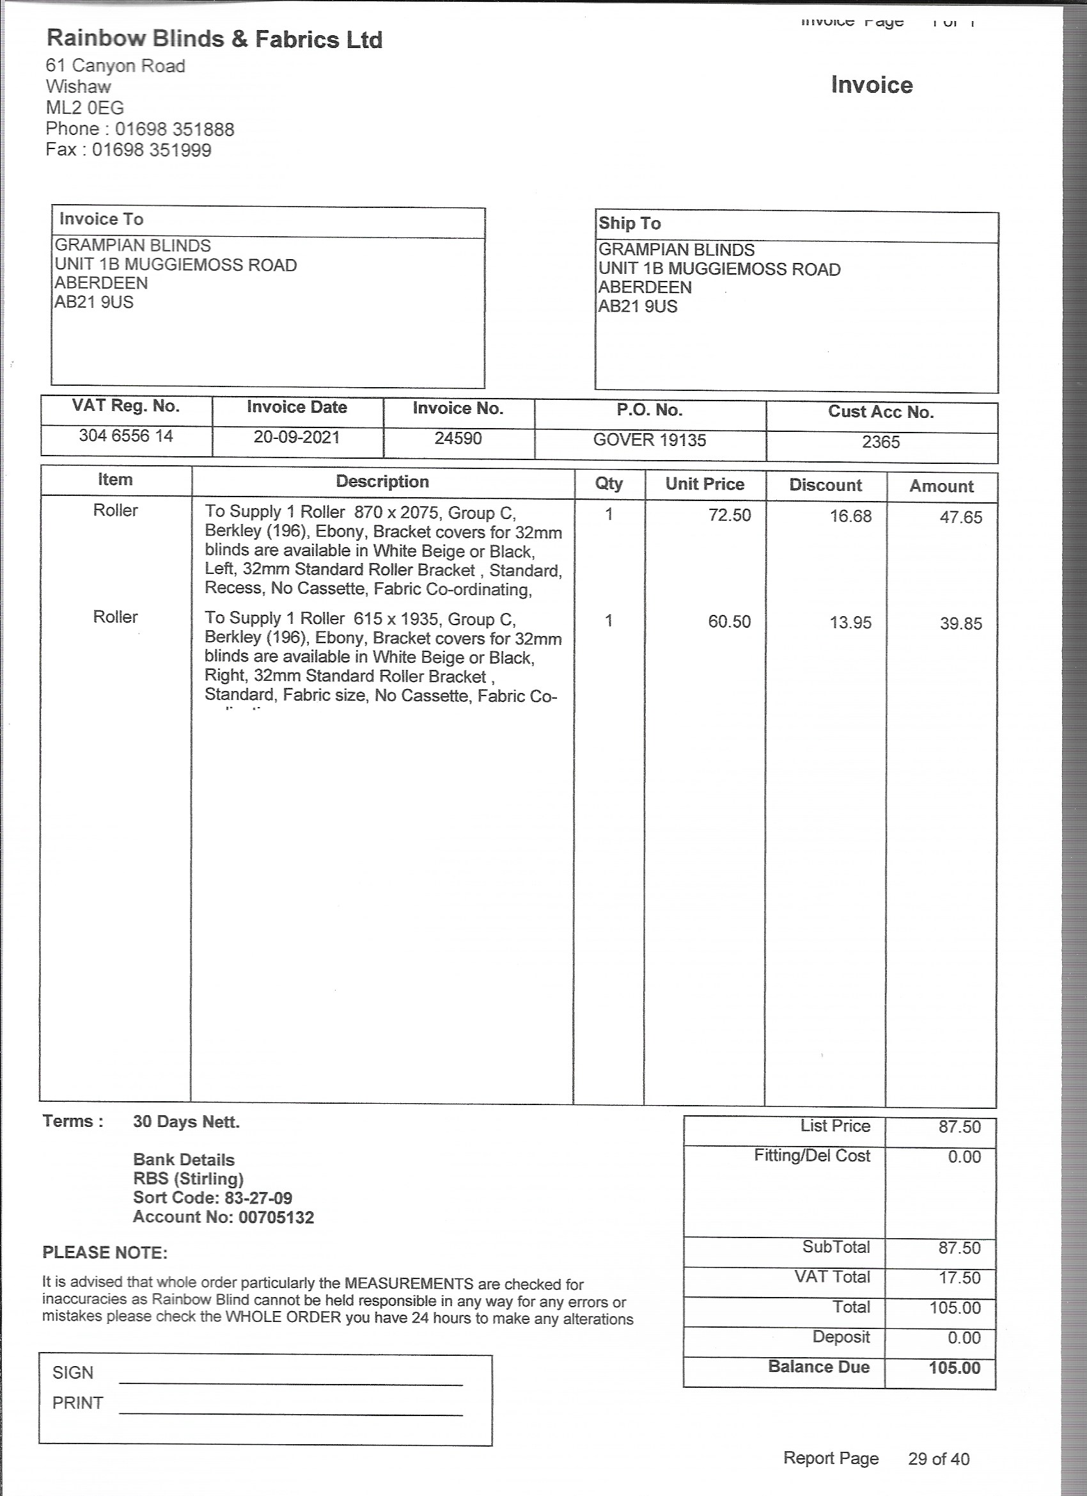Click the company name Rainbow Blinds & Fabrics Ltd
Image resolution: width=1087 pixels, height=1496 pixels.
(x=214, y=40)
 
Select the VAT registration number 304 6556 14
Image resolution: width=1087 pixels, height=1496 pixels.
(x=126, y=435)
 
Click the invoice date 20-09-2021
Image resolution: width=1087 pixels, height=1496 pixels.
(x=297, y=436)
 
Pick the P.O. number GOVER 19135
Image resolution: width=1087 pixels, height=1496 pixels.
(x=649, y=440)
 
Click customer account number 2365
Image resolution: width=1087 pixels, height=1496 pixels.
(x=880, y=442)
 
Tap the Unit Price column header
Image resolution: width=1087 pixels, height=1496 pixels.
(x=705, y=484)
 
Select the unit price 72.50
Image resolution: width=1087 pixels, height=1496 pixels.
(x=729, y=515)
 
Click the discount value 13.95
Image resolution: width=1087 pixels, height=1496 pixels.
(x=850, y=623)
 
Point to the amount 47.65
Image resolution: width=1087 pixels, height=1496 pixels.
(x=960, y=517)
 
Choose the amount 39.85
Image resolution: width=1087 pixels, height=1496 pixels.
(x=960, y=623)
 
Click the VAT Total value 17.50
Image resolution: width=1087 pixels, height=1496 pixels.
(x=960, y=1278)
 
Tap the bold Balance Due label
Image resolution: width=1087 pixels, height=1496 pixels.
(x=818, y=1366)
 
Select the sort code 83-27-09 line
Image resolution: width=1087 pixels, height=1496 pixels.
(x=212, y=1198)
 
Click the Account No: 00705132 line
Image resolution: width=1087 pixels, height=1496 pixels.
(x=223, y=1217)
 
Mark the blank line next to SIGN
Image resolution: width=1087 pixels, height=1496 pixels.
(x=291, y=1384)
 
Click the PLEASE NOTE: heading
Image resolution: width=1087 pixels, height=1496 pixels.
(x=105, y=1253)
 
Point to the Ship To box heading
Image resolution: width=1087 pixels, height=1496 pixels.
(x=630, y=223)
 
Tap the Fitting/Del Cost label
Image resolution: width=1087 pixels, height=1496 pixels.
(x=812, y=1156)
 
